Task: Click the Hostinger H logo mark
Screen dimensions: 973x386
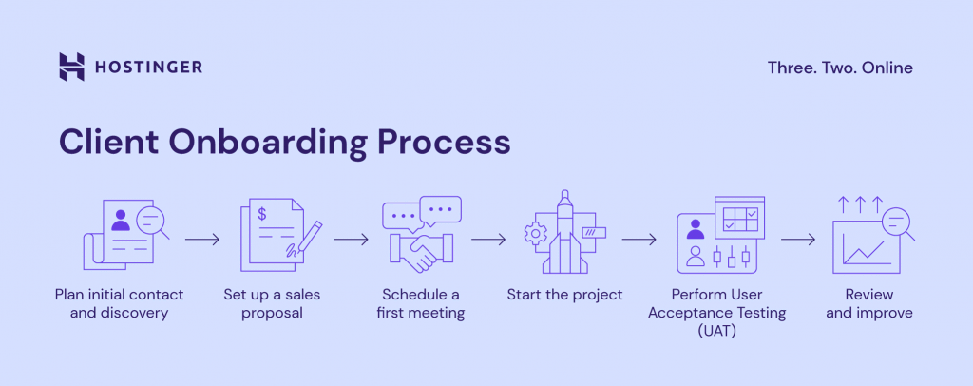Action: point(71,67)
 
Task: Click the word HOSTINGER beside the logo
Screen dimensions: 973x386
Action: point(148,68)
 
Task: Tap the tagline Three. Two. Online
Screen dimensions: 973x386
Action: point(840,68)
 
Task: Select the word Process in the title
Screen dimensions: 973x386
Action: point(444,142)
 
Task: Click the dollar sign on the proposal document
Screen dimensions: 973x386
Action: point(262,215)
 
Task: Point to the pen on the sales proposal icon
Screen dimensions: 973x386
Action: point(304,238)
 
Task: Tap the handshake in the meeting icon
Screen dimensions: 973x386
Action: point(421,251)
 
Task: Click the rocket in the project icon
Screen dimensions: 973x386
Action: point(563,232)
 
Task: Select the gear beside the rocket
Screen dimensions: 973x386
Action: point(533,234)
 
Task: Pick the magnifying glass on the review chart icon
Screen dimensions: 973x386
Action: point(897,224)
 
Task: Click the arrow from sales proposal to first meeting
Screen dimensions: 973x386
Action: point(352,239)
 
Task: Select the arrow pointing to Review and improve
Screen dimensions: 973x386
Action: point(798,239)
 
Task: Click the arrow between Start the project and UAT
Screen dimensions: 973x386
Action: point(639,239)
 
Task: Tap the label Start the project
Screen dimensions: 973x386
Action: point(564,294)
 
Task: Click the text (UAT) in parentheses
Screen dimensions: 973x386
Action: point(717,332)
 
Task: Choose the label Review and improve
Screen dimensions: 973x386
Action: point(868,303)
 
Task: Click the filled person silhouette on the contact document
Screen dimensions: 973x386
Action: point(121,221)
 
